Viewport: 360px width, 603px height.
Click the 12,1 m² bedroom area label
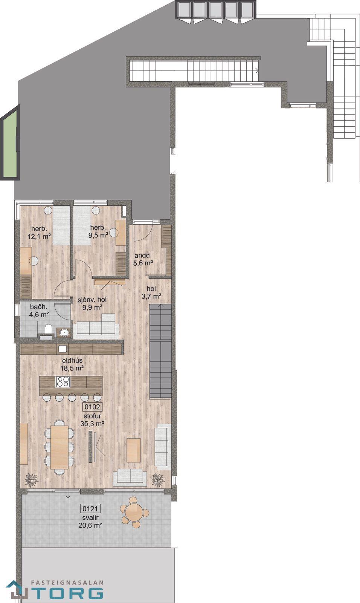click(39, 233)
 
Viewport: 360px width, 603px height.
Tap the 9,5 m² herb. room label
click(99, 231)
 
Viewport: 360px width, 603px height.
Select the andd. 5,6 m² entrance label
click(143, 259)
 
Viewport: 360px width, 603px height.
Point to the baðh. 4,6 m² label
click(39, 311)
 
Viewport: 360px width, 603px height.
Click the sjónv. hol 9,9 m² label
click(92, 303)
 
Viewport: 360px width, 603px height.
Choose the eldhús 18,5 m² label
click(72, 364)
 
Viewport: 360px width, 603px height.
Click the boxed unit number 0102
click(92, 407)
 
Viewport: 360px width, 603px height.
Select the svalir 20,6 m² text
click(90, 521)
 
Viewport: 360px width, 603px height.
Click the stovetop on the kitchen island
click(63, 382)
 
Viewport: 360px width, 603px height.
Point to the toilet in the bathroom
click(49, 330)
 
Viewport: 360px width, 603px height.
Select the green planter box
click(10, 141)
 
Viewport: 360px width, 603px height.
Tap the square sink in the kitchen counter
click(63, 349)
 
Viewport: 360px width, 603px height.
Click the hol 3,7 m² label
click(151, 292)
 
